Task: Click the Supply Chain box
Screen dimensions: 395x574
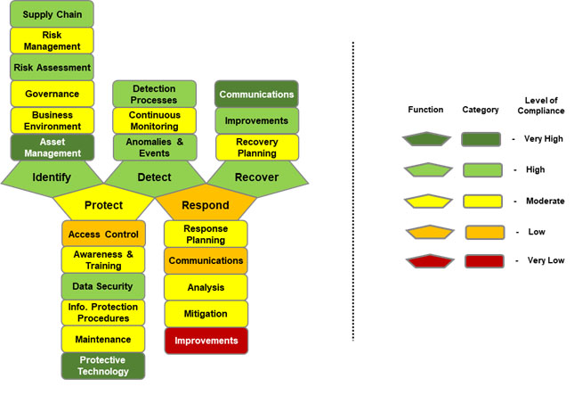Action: (x=52, y=14)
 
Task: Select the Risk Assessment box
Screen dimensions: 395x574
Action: (x=52, y=67)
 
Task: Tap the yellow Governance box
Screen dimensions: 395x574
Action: (x=52, y=94)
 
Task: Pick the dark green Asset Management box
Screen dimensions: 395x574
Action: (x=52, y=147)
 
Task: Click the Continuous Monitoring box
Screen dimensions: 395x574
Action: (x=154, y=120)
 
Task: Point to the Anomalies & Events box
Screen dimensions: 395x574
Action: (x=154, y=147)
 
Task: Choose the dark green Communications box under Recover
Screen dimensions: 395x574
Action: (x=256, y=94)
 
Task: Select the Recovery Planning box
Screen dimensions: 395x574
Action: (x=256, y=147)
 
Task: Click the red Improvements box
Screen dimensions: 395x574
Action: (x=206, y=341)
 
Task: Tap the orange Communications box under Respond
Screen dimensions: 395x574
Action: (x=206, y=260)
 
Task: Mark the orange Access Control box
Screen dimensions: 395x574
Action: (x=103, y=235)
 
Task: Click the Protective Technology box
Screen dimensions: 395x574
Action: (x=103, y=366)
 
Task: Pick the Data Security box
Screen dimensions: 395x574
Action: (x=103, y=286)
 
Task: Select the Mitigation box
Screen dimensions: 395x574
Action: (x=206, y=314)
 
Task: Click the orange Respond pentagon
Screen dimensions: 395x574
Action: (x=206, y=205)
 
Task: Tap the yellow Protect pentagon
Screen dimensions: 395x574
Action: (x=103, y=205)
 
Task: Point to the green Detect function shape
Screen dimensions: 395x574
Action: (x=154, y=176)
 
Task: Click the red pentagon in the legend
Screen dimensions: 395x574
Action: (x=426, y=262)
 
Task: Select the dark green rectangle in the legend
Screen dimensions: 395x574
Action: (x=484, y=139)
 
